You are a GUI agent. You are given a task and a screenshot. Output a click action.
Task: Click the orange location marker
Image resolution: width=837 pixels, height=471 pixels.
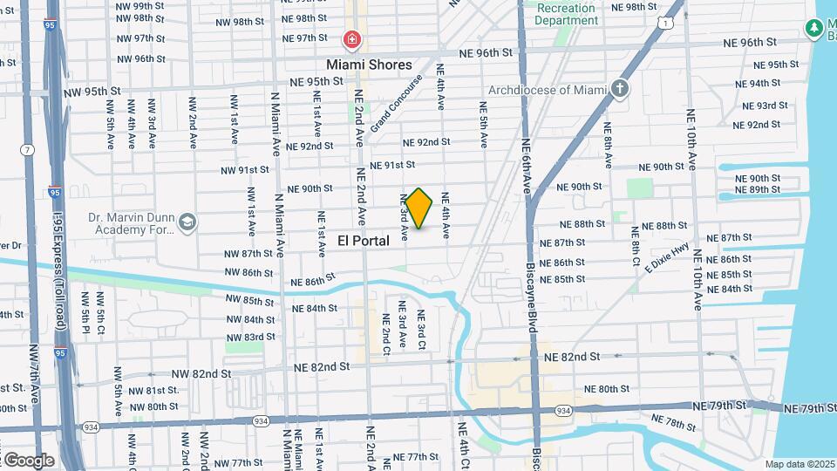click(x=419, y=208)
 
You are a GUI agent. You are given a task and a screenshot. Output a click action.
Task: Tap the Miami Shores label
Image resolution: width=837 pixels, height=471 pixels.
click(x=369, y=65)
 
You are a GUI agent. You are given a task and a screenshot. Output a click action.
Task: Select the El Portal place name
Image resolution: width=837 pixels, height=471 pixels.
click(x=364, y=241)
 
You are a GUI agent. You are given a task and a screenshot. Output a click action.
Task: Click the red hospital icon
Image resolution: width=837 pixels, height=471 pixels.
click(x=351, y=39)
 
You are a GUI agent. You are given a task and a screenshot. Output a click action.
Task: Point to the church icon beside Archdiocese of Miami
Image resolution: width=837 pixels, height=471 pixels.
click(x=620, y=88)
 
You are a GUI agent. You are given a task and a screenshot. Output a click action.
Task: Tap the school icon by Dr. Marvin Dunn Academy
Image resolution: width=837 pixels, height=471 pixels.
click(x=187, y=223)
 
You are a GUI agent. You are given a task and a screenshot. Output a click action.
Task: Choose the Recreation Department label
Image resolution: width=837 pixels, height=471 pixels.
click(x=566, y=15)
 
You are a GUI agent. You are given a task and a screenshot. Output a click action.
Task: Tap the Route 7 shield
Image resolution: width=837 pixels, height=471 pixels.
click(x=29, y=150)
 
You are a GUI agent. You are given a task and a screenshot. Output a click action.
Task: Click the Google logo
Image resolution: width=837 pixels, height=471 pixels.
click(x=29, y=460)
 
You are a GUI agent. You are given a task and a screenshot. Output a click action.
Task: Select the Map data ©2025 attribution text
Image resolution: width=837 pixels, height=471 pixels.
click(x=800, y=464)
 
